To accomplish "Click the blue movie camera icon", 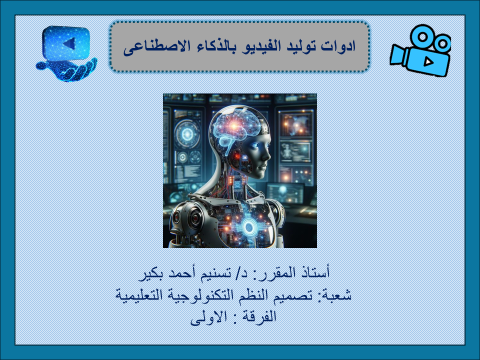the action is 420,50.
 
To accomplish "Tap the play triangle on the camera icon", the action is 428,62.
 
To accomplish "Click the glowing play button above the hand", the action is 66,43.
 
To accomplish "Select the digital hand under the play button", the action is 66,70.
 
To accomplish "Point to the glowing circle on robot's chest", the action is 249,227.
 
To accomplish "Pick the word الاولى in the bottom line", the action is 208,317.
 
